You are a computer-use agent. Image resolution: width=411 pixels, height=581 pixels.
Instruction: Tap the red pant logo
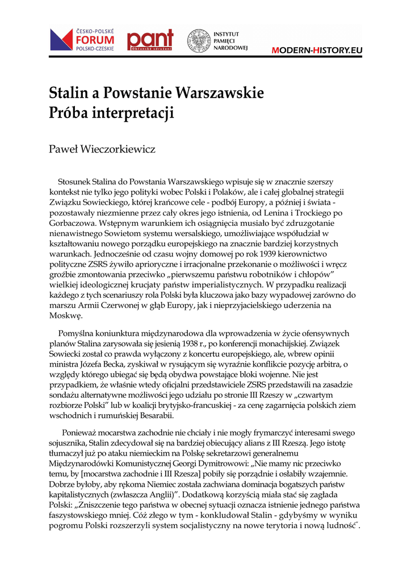pyautogui.click(x=150, y=40)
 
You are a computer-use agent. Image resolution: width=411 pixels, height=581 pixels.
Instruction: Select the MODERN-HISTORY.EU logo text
pyautogui.click(x=316, y=50)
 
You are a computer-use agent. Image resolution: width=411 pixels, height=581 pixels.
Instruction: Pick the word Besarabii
pyautogui.click(x=153, y=415)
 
